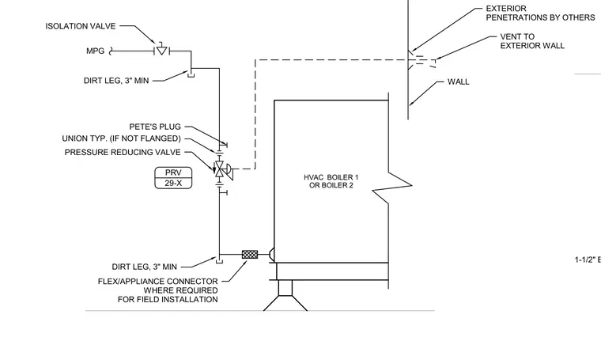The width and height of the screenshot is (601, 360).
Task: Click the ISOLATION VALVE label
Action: [81, 26]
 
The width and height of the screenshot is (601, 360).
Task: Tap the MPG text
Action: [95, 51]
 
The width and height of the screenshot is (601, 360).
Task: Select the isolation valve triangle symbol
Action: [162, 51]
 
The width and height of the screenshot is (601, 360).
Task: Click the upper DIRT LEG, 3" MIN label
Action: [116, 81]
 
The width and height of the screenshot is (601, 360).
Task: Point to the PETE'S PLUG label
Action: [155, 127]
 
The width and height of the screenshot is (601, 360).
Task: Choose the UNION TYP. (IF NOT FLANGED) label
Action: [121, 138]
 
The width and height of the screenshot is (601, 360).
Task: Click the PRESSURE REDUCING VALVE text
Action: [123, 152]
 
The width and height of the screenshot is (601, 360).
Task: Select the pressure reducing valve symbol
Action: [222, 169]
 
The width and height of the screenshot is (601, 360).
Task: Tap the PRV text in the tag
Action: [173, 172]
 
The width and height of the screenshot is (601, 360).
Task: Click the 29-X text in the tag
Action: [173, 184]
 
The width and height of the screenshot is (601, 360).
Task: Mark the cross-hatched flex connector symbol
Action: [250, 254]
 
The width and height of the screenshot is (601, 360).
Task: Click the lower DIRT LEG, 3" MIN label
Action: [145, 267]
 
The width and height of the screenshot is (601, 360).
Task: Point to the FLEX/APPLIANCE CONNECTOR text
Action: [158, 282]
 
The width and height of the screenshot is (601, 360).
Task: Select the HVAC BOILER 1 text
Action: [331, 177]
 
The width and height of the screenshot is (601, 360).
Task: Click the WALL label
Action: [459, 81]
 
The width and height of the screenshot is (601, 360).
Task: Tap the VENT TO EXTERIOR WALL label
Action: [532, 41]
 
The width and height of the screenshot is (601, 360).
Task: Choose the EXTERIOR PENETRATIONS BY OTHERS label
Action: [540, 13]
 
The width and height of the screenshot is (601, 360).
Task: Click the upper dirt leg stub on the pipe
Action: [191, 73]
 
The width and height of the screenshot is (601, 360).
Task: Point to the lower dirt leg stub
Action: [219, 259]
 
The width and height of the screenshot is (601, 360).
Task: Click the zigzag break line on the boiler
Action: [391, 186]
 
